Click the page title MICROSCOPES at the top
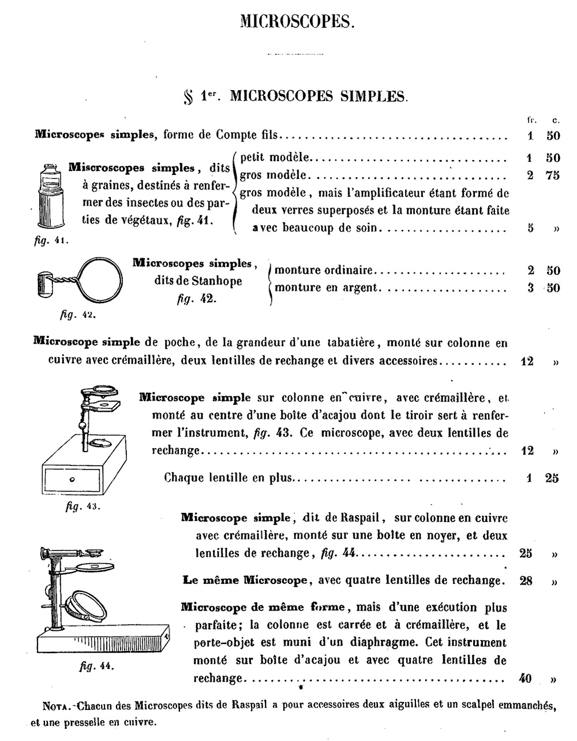tap(295, 21)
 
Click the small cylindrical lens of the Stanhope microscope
tap(45, 283)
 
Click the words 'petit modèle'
tap(275, 157)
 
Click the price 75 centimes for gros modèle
tap(552, 176)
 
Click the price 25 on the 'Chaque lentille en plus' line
tap(552, 478)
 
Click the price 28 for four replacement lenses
tap(526, 580)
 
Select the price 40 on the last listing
tap(525, 678)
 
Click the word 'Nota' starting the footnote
tap(58, 705)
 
